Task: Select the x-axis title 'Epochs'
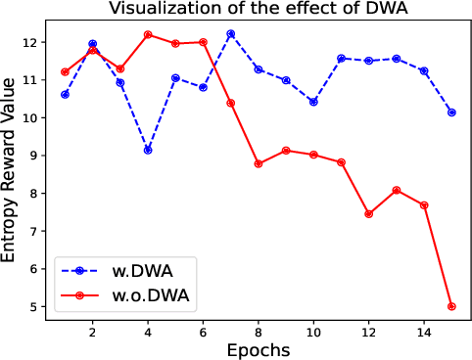tap(258, 349)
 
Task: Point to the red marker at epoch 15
tap(451, 306)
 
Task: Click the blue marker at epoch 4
tap(148, 151)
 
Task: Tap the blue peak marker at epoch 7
tap(230, 33)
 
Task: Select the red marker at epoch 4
tap(148, 34)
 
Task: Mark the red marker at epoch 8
tap(259, 163)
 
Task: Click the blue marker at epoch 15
tap(451, 112)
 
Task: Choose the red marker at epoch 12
tap(368, 213)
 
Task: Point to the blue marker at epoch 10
tap(313, 102)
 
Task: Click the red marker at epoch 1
tap(65, 71)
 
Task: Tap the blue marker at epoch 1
tap(65, 95)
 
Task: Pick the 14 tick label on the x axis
tap(424, 332)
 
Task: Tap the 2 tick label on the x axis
tap(92, 332)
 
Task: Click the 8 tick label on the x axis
tap(259, 332)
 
